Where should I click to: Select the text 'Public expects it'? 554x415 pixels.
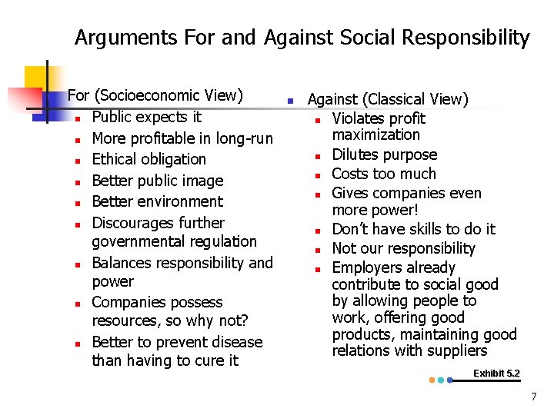pyautogui.click(x=146, y=117)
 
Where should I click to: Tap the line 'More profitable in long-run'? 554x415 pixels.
pyautogui.click(x=182, y=138)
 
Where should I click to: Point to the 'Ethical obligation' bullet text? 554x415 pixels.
pyautogui.click(x=149, y=159)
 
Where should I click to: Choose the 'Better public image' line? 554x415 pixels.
pyautogui.click(x=157, y=181)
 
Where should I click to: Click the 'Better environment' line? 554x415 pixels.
pyautogui.click(x=157, y=201)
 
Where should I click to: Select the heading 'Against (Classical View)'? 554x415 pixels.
pyautogui.click(x=388, y=99)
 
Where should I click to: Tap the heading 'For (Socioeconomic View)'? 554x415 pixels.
pyautogui.click(x=155, y=96)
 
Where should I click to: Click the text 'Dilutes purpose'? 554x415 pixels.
pyautogui.click(x=384, y=154)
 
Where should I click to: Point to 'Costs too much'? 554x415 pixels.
pyautogui.click(x=383, y=174)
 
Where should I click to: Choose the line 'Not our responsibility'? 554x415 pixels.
pyautogui.click(x=403, y=248)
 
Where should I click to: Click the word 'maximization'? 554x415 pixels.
pyautogui.click(x=375, y=134)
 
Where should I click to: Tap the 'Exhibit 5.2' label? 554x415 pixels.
pyautogui.click(x=496, y=373)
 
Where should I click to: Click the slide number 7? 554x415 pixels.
pyautogui.click(x=532, y=397)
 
